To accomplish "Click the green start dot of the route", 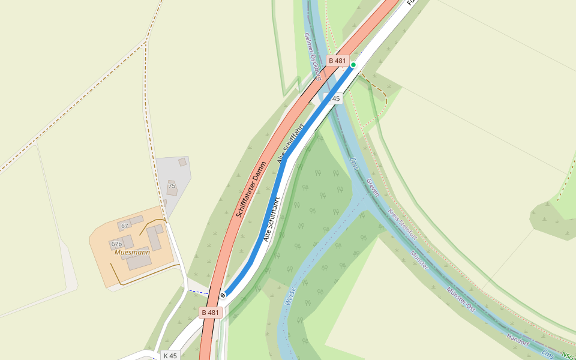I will (353, 65).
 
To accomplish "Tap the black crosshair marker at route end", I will (223, 295).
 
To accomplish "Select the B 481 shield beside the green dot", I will (337, 61).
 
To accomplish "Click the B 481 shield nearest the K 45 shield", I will (211, 313).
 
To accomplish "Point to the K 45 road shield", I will (170, 355).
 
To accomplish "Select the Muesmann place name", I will (131, 253).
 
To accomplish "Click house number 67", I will (124, 226).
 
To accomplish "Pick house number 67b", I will (116, 244).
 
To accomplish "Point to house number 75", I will (172, 186).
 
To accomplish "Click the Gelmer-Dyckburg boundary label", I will (313, 56).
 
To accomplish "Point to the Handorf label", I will (518, 340).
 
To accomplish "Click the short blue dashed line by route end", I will (198, 292).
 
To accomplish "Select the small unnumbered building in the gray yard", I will (182, 162).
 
